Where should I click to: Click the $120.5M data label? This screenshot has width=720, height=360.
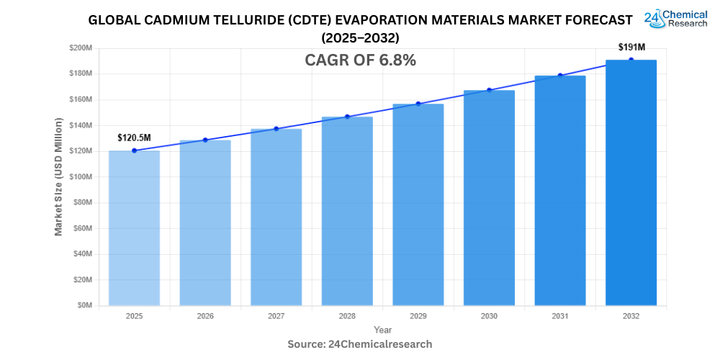pos(134,138)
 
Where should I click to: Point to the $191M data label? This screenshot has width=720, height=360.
pos(631,47)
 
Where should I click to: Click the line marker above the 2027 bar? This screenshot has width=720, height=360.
pos(276,129)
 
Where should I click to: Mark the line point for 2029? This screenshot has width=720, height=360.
pos(418,104)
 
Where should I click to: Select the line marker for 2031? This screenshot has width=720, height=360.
pos(560,76)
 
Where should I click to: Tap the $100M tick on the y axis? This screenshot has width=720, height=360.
pos(81,177)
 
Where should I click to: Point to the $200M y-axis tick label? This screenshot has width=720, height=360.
pos(81,48)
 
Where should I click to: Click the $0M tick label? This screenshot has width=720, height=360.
pos(85,305)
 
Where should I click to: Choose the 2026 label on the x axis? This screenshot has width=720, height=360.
pos(205,316)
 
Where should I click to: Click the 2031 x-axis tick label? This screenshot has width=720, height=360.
pos(560,316)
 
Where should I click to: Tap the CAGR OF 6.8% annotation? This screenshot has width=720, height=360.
pos(361,61)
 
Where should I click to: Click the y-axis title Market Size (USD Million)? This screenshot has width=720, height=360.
pos(58,176)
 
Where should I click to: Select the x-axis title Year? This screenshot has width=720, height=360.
pos(382,330)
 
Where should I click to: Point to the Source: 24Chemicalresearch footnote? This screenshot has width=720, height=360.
pos(360,344)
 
